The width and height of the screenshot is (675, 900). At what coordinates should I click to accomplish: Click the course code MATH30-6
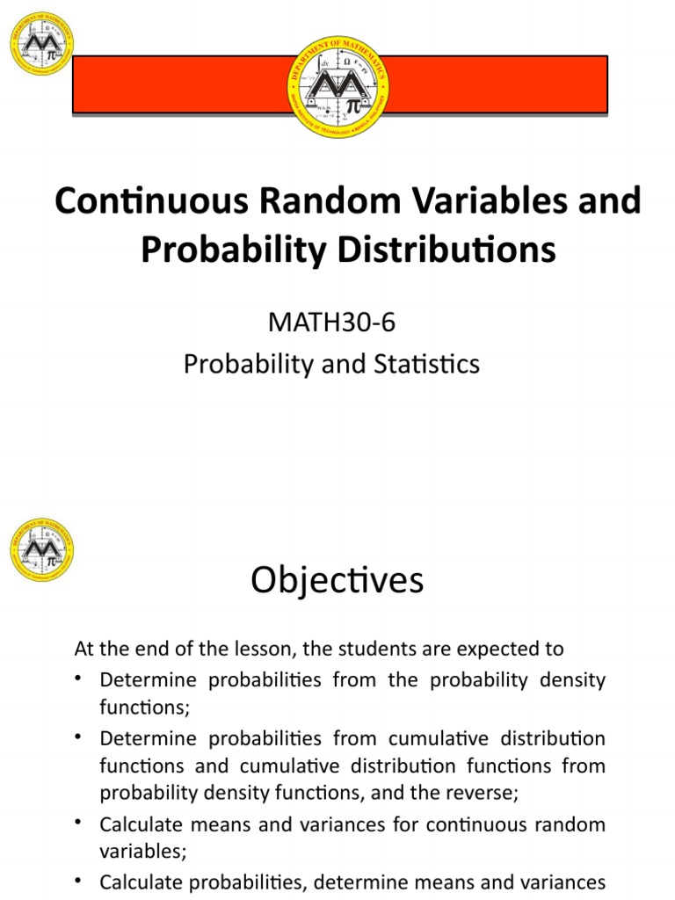click(331, 323)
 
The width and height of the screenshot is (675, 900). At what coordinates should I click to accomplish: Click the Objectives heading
click(337, 580)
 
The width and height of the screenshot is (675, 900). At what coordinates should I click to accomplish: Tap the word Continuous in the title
click(150, 201)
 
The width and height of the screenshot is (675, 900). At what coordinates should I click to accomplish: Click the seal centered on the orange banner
click(338, 85)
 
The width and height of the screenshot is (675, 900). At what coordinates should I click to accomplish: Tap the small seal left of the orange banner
click(41, 43)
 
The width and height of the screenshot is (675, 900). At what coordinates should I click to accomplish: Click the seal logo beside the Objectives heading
click(41, 549)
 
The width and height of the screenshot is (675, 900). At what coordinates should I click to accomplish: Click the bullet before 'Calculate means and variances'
click(79, 824)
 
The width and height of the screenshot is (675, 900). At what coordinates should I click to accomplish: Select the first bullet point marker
click(79, 679)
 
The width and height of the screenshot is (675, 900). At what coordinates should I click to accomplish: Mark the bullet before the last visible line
click(79, 881)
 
